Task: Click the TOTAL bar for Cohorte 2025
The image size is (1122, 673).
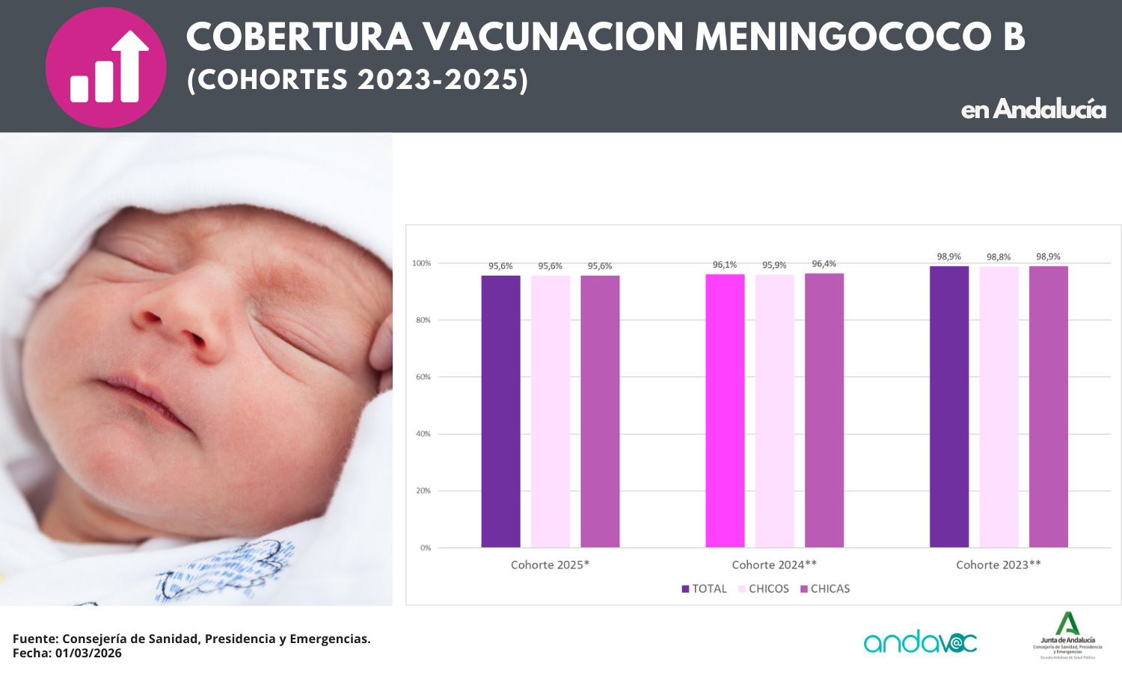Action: (x=500, y=411)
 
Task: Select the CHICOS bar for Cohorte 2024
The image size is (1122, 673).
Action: (x=774, y=411)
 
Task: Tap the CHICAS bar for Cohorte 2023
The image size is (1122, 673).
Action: (x=1048, y=408)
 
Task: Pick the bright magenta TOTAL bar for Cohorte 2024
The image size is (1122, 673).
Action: (x=725, y=411)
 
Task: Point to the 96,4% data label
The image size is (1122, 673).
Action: (x=824, y=264)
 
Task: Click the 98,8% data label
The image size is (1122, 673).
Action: (x=998, y=257)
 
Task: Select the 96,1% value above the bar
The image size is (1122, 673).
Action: (x=724, y=265)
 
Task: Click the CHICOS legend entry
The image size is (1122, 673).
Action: (x=764, y=589)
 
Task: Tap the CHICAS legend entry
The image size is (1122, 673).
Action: (x=825, y=589)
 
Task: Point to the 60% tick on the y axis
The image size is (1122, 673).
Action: (x=423, y=377)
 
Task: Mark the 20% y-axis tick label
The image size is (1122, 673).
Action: (x=423, y=491)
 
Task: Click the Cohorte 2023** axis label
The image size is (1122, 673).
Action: (x=998, y=565)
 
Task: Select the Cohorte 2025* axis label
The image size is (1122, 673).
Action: (x=550, y=565)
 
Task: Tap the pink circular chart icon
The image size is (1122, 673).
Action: (x=105, y=67)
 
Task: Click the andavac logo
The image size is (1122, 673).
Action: (x=920, y=642)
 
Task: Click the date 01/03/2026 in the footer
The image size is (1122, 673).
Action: (x=88, y=653)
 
